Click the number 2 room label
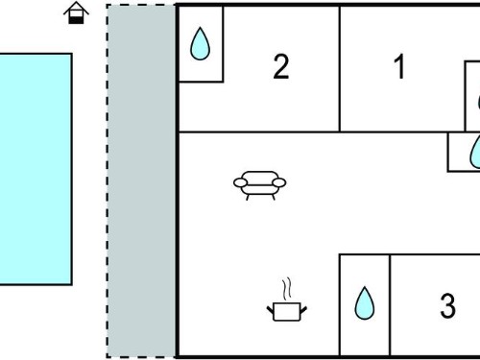281,66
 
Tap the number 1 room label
399,66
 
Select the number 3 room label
447,305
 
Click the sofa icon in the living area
260,185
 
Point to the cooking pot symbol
287,311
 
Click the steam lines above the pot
287,289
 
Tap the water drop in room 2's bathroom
200,43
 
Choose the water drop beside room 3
365,303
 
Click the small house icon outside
76,12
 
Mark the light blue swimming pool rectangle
36,169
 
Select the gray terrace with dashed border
141,180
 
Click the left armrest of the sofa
240,182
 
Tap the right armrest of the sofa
279,182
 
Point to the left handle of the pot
271,309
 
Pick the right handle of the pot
303,309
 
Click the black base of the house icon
76,20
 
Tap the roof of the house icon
76,8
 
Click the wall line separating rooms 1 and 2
340,68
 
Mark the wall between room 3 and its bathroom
390,305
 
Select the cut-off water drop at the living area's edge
475,152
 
